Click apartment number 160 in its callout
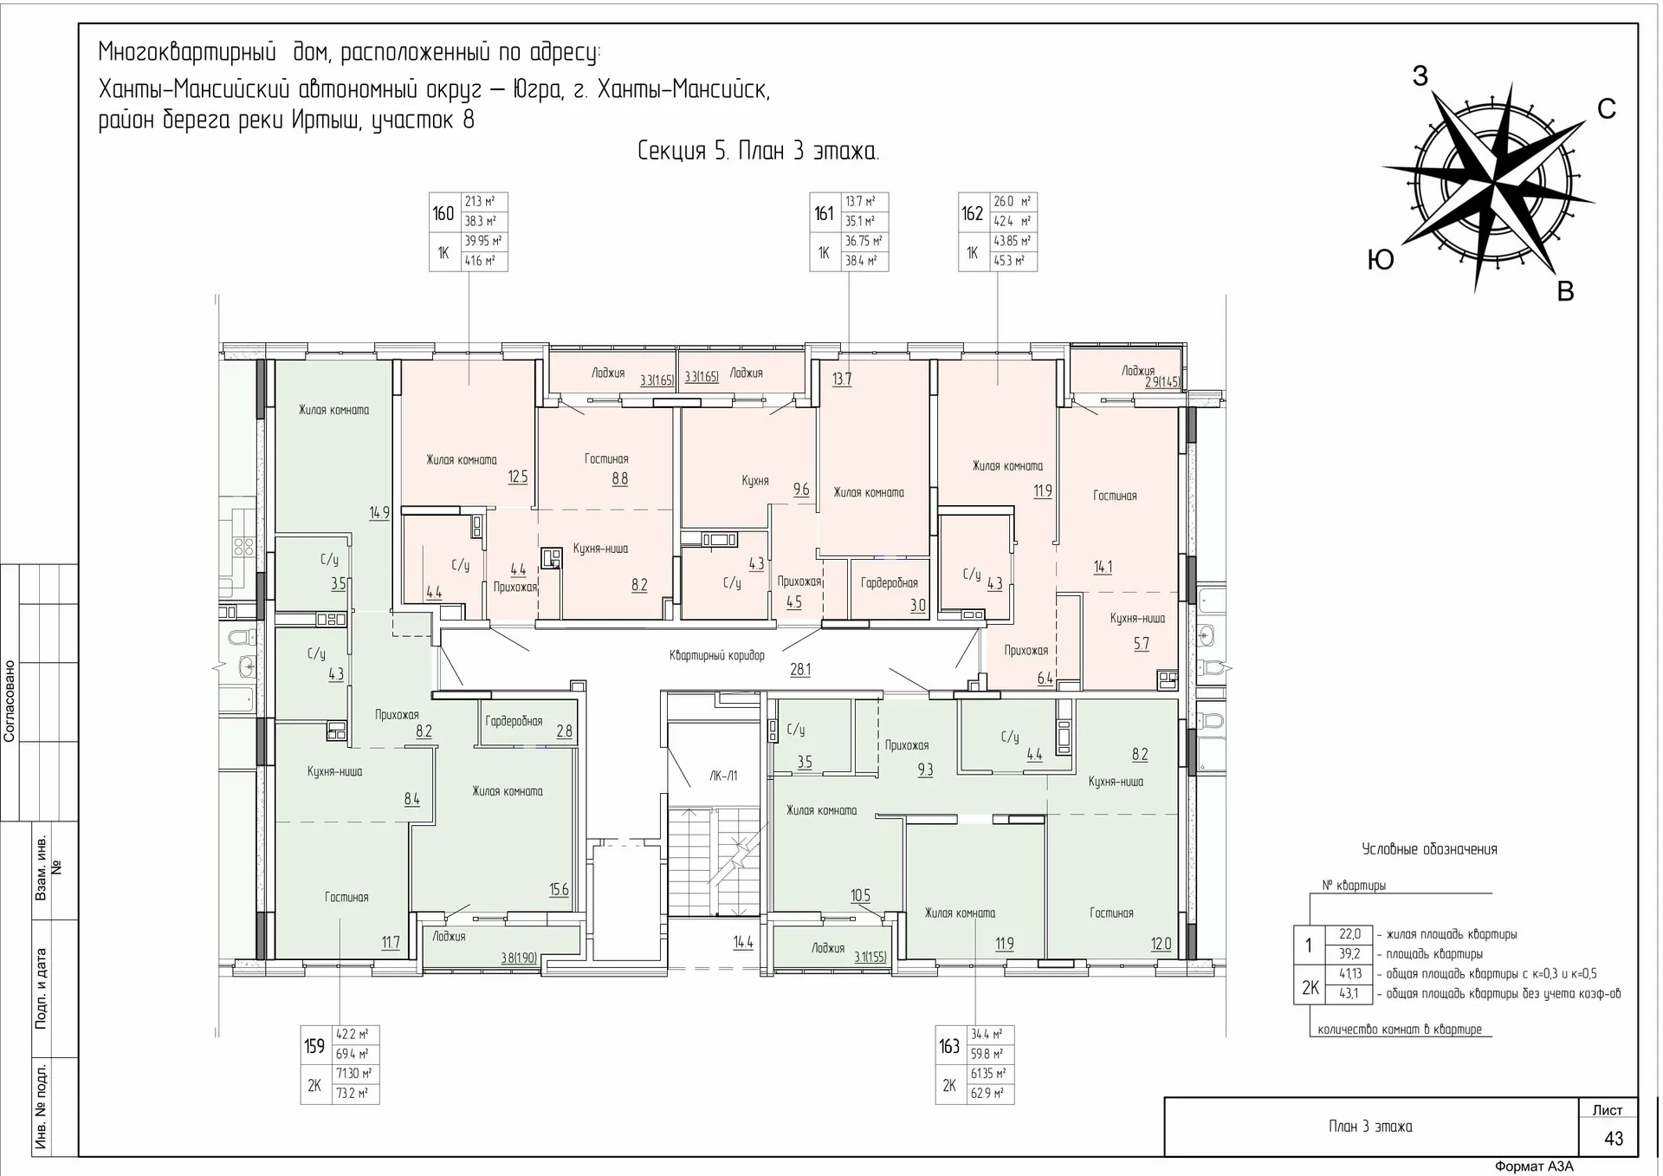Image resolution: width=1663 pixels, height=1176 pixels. pyautogui.click(x=443, y=213)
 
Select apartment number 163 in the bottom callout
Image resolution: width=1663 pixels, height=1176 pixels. pyautogui.click(x=949, y=1046)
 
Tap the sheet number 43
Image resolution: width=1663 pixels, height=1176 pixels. pyautogui.click(x=1613, y=1139)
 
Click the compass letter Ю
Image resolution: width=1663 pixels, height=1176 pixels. pyautogui.click(x=1380, y=259)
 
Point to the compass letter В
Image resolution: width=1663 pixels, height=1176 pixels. pyautogui.click(x=1565, y=292)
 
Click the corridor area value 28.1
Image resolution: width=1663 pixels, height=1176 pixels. pyautogui.click(x=800, y=670)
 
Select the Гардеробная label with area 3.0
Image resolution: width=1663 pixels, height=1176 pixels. pyautogui.click(x=889, y=583)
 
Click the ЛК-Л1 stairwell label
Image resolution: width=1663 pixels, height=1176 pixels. pyautogui.click(x=723, y=776)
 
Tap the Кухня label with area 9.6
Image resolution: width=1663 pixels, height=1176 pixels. pyautogui.click(x=754, y=480)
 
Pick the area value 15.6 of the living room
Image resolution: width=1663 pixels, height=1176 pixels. pyautogui.click(x=559, y=889)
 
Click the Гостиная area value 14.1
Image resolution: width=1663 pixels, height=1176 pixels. pyautogui.click(x=1103, y=567)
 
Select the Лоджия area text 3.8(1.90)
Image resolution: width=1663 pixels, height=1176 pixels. pyautogui.click(x=519, y=958)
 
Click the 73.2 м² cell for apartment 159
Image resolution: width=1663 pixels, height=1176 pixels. pyautogui.click(x=352, y=1094)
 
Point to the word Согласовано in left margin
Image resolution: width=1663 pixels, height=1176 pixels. pyautogui.click(x=10, y=701)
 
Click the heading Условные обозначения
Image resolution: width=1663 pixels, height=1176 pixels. pyautogui.click(x=1429, y=849)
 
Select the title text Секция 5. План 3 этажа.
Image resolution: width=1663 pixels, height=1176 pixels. pyautogui.click(x=758, y=152)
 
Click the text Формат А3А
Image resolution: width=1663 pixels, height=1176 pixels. pyautogui.click(x=1534, y=1166)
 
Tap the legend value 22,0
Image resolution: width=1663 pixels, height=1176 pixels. pyautogui.click(x=1349, y=934)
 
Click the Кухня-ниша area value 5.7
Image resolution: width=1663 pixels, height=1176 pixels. pyautogui.click(x=1141, y=643)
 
